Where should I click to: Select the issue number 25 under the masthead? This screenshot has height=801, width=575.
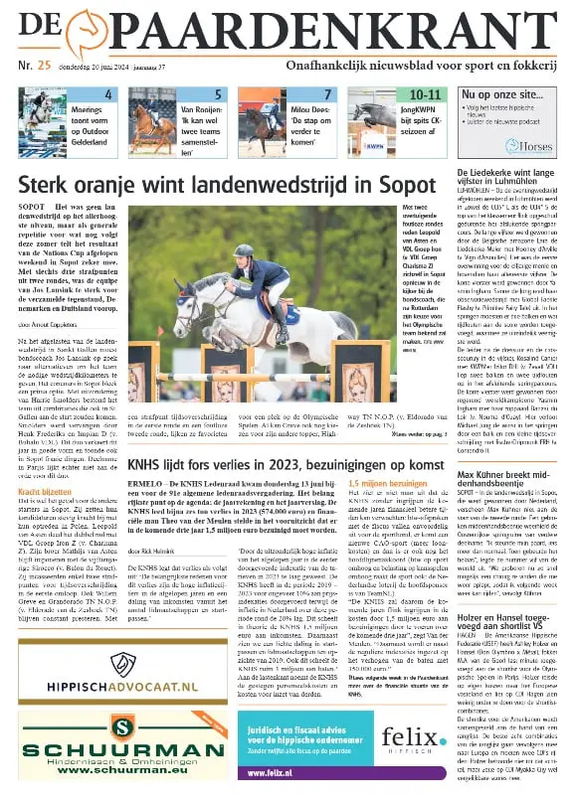point(44,67)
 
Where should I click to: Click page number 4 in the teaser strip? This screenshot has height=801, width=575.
point(108,94)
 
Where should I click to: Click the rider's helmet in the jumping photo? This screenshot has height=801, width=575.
point(243,251)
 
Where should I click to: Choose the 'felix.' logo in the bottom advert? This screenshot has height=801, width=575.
point(411,736)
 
